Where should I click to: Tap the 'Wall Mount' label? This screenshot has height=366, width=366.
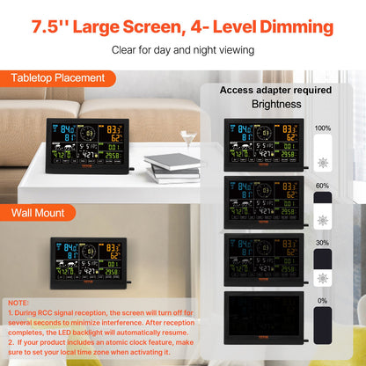[x=37, y=212]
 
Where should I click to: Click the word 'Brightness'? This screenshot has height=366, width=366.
[x=275, y=104]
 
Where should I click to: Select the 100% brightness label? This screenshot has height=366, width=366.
[x=322, y=128]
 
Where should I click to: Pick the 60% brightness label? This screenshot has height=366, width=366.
[x=322, y=186]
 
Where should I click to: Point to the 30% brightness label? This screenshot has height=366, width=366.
[x=322, y=243]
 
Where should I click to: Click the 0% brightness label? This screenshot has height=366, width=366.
[x=322, y=300]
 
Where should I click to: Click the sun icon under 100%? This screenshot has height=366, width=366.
[x=322, y=163]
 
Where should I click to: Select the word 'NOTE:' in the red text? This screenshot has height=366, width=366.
[x=18, y=302]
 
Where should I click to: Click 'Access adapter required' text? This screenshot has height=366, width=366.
[x=275, y=90]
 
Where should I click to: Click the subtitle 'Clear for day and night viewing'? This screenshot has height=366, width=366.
[x=183, y=49]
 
